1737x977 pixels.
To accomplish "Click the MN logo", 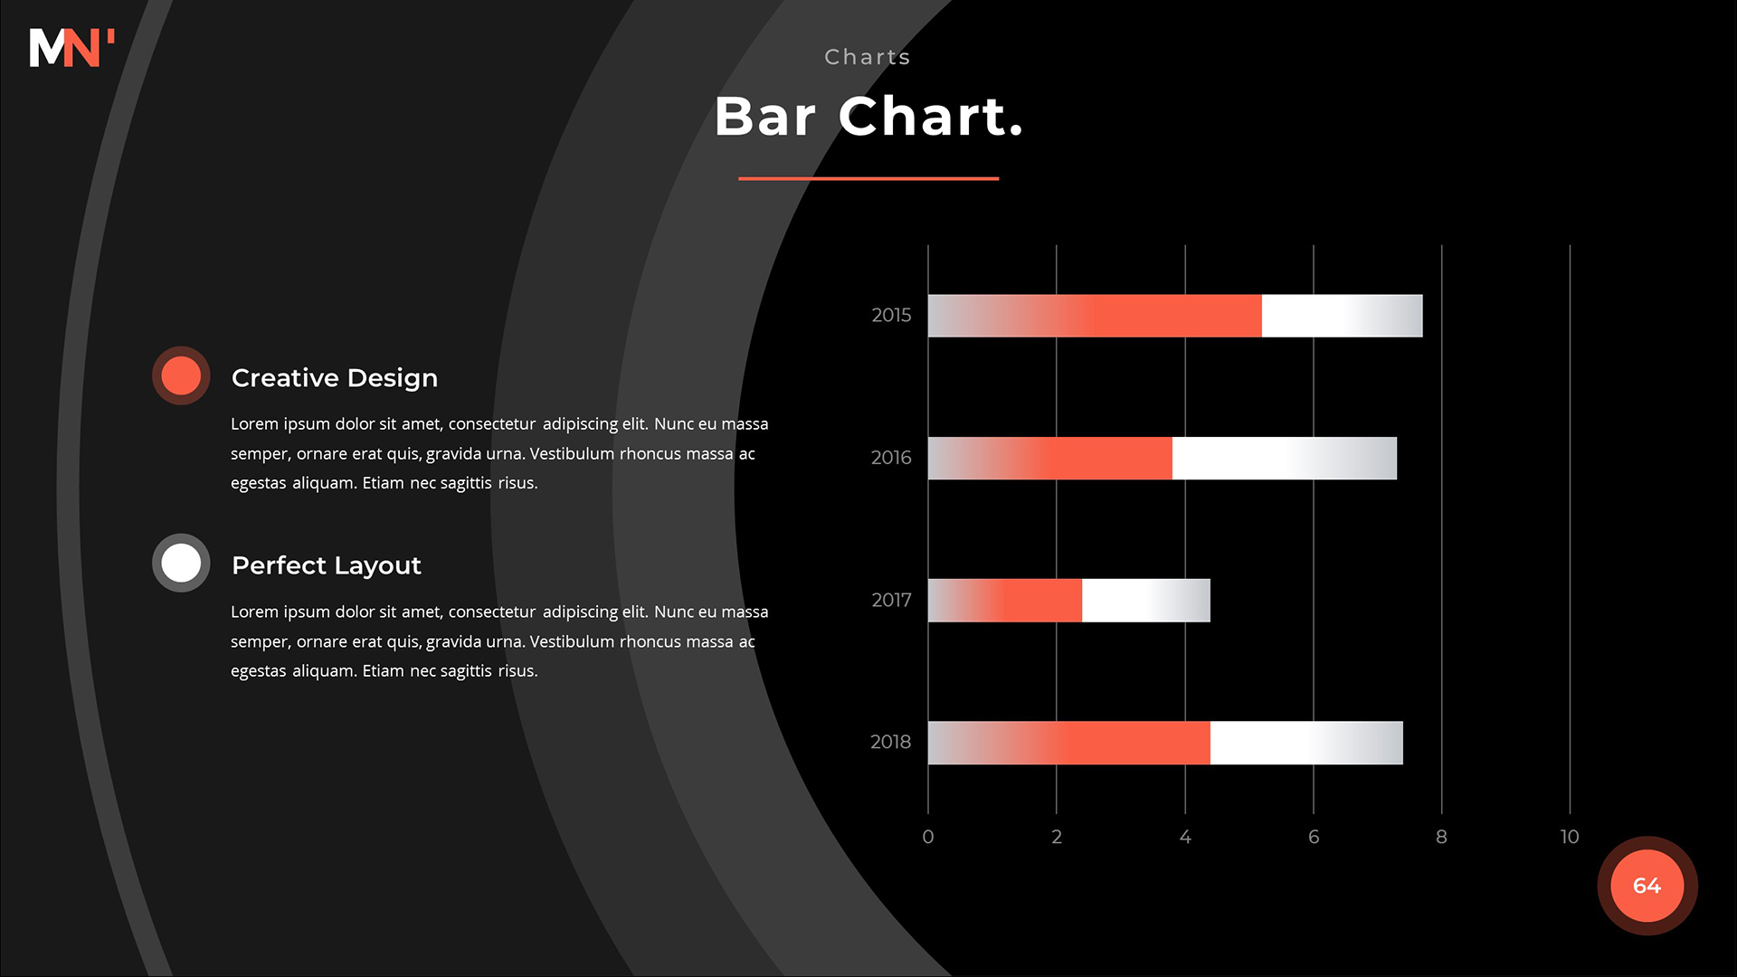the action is point(71,48).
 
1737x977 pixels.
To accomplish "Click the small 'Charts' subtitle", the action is point(868,57).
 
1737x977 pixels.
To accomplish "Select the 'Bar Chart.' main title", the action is point(868,117).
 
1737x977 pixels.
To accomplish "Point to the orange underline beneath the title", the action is point(868,178).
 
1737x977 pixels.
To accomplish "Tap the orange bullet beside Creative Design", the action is point(181,375).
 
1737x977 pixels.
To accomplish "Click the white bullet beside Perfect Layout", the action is point(181,563).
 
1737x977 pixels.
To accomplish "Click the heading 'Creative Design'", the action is point(335,378).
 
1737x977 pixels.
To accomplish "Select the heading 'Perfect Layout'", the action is point(327,565).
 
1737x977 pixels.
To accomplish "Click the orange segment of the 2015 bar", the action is point(1095,316).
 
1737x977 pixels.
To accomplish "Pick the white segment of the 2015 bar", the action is point(1343,316).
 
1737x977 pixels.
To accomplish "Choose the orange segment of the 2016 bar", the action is point(1050,458).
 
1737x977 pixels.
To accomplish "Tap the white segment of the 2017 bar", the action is point(1146,601).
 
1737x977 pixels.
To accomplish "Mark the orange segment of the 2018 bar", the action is point(1069,743).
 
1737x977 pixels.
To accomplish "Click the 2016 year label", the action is point(891,458).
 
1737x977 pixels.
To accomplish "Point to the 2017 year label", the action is point(891,600).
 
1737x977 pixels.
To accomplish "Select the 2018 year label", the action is point(891,742).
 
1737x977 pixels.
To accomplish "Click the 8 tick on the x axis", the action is point(1441,837).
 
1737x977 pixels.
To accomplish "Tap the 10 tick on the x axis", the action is point(1570,837).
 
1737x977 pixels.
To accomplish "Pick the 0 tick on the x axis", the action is point(928,837).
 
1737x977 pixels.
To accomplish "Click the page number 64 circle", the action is point(1647,886).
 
